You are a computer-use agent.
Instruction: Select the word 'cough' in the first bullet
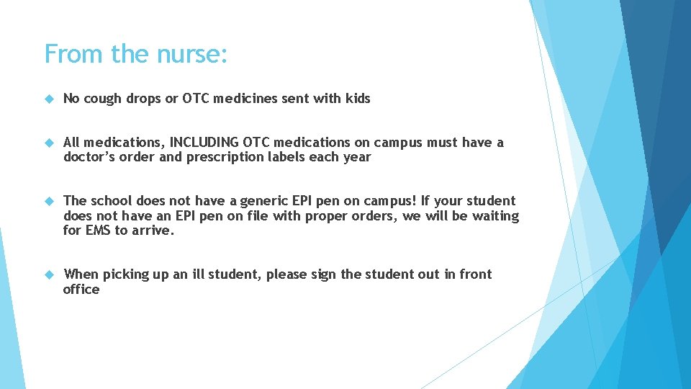[x=104, y=99]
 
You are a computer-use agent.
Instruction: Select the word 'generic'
[x=270, y=201]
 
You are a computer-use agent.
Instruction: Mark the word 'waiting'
[x=495, y=216]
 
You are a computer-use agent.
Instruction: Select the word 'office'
[x=81, y=290]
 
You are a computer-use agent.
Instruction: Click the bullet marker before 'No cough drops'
[x=49, y=99]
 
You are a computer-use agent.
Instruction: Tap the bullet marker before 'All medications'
[x=49, y=143]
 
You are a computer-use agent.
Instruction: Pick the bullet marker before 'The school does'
[x=49, y=201]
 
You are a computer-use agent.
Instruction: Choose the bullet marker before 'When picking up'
[x=49, y=274]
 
